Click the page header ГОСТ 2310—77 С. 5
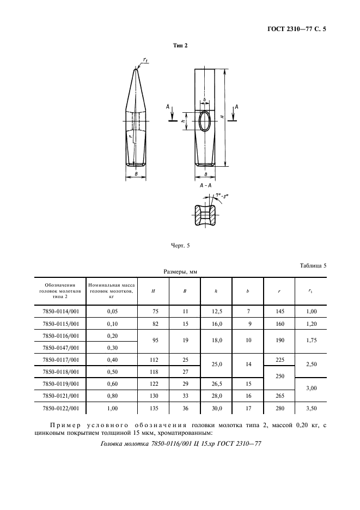300,31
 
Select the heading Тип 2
180,46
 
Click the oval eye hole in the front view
205,121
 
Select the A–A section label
205,186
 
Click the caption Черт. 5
180,246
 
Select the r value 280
279,407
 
